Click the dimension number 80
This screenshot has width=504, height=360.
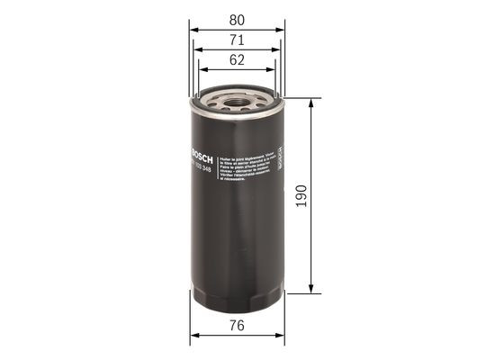coord(237,17)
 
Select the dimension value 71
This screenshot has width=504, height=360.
coord(237,40)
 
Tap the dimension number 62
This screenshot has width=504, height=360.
coord(237,61)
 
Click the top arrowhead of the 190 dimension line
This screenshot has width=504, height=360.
coord(312,102)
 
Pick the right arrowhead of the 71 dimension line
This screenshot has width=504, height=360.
coord(276,50)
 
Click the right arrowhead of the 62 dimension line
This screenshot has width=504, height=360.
coord(271,72)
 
